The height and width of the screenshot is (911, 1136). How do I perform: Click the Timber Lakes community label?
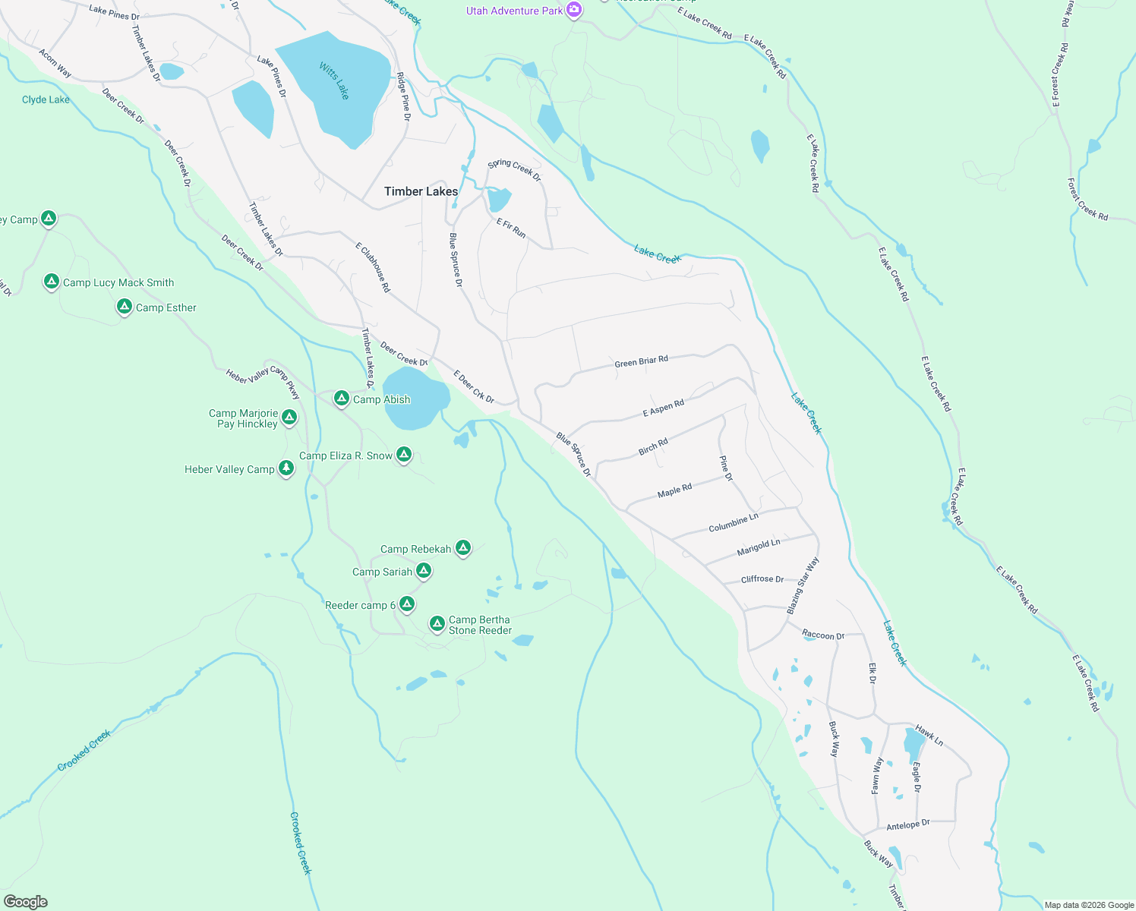pos(421,191)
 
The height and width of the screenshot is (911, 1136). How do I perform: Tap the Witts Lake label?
pos(334,81)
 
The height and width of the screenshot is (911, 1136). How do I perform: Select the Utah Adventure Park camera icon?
pos(575,11)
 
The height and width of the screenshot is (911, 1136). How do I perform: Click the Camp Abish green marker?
pos(342,399)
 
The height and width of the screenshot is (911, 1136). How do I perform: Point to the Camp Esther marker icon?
pos(125,307)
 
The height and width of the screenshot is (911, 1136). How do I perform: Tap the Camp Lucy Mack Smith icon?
pos(52,282)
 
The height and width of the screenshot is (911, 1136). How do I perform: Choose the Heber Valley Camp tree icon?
pos(286,468)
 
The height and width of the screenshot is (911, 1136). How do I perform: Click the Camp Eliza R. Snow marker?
pos(404,455)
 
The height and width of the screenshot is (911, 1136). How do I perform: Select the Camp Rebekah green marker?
pos(463,548)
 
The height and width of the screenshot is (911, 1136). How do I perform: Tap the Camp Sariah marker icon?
pos(424,571)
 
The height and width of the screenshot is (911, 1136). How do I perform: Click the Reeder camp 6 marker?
pos(407,604)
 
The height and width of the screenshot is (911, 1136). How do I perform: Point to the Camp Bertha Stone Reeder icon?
pos(437,624)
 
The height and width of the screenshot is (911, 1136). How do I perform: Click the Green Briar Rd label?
pos(641,361)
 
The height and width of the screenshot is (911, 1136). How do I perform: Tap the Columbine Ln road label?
pos(733,523)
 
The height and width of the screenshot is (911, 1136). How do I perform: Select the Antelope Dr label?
pos(907,824)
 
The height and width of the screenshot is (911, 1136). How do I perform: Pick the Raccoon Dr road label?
pos(823,635)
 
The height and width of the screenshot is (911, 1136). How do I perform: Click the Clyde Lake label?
pos(46,99)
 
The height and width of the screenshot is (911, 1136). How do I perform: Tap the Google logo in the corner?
pos(25,901)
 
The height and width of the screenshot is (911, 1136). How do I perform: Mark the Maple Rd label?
pos(674,490)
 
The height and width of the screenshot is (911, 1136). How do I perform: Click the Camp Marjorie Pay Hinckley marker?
pos(289,418)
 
